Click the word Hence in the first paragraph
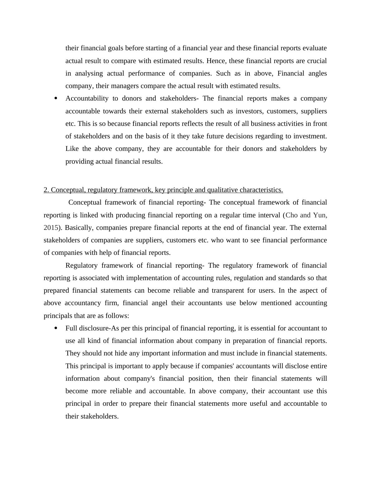[x=216, y=61]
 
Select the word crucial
[x=317, y=61]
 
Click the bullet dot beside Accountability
[x=56, y=98]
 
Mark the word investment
[x=312, y=136]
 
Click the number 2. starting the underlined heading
[x=46, y=190]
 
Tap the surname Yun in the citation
[x=320, y=215]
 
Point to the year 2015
[x=51, y=228]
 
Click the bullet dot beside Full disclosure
[x=56, y=328]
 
